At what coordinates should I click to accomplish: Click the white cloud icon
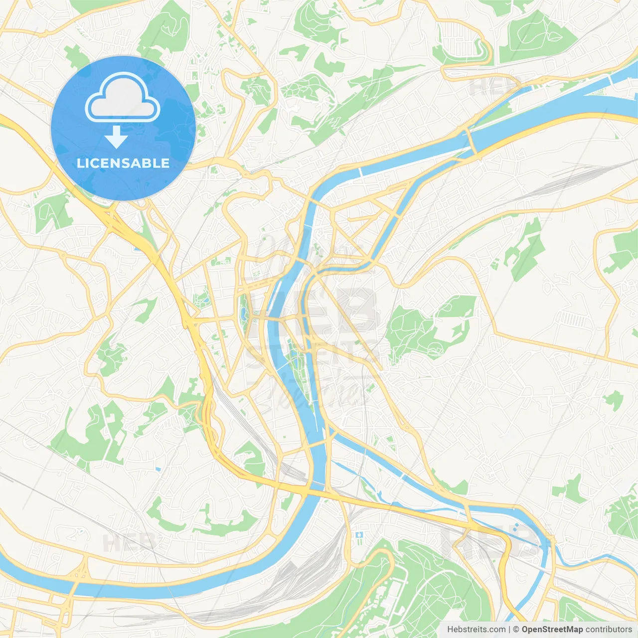coord(123,98)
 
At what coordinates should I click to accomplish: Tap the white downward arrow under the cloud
coord(116,138)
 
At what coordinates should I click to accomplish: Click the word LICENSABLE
coord(123,163)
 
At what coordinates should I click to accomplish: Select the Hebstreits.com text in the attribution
coord(476,629)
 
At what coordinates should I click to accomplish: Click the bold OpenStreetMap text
coord(552,629)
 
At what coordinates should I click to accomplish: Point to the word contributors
coord(608,629)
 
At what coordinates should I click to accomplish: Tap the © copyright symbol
coord(516,629)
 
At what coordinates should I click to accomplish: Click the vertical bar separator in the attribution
coord(510,629)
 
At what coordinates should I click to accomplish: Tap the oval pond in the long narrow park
coord(243,313)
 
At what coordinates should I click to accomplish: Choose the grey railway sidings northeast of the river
coord(573,174)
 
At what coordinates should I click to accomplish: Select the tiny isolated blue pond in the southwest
coord(158,469)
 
